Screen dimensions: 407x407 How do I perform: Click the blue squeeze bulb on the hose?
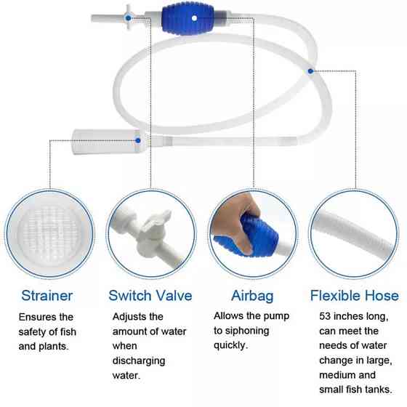coord(188,18)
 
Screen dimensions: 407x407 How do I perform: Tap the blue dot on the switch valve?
coord(128,18)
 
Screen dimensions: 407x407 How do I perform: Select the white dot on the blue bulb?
coord(194,18)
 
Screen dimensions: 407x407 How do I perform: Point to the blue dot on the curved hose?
coord(310,71)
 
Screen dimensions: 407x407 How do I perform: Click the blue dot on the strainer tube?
coord(138,141)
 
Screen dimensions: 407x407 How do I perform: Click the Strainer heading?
coord(47,296)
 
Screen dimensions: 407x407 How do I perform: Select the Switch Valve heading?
coord(150,296)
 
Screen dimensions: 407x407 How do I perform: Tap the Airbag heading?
coord(252,297)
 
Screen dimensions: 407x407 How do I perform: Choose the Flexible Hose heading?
coord(355,296)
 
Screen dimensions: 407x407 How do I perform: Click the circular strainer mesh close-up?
coord(49,234)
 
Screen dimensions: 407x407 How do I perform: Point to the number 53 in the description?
coord(325,316)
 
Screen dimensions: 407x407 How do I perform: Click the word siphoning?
coord(247,331)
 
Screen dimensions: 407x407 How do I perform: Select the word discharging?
coord(139,361)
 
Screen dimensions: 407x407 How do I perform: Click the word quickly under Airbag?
coord(230,346)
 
